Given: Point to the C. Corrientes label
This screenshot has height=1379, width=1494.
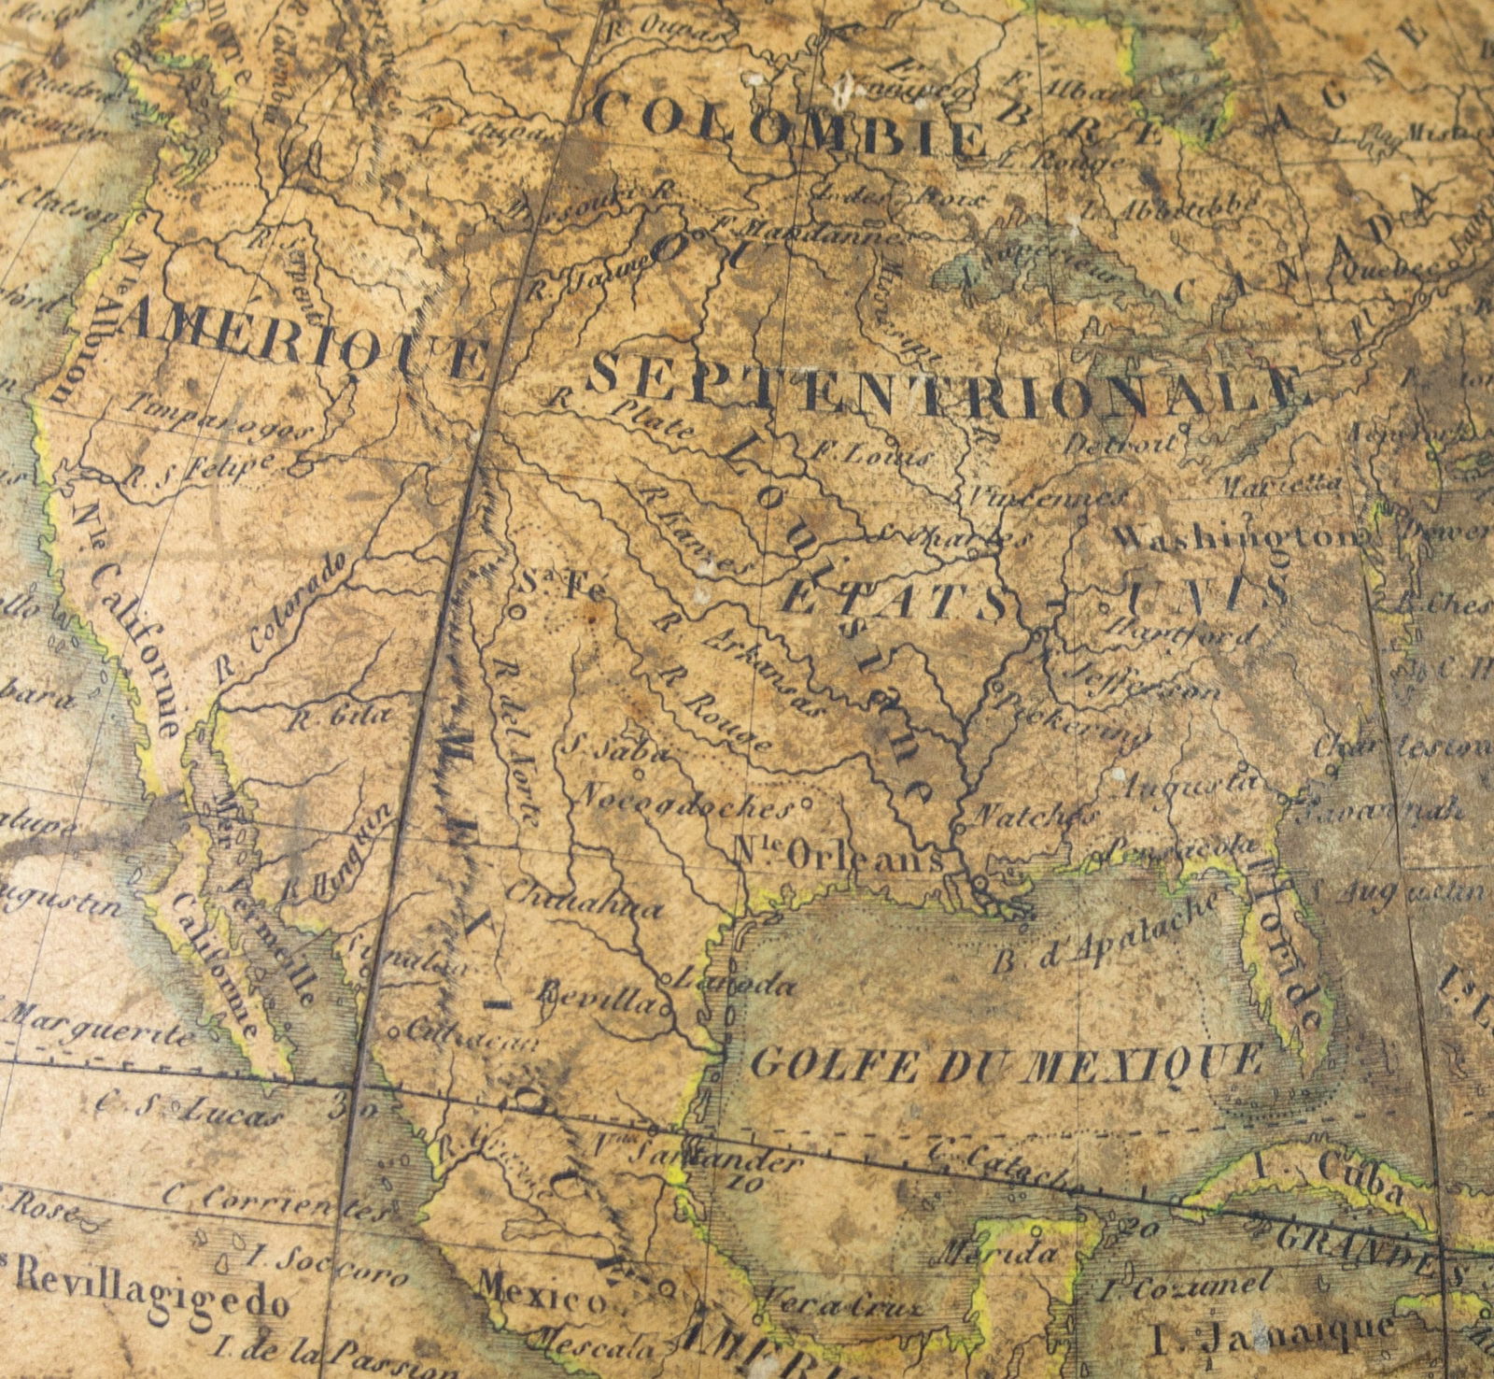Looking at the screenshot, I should pyautogui.click(x=275, y=1204).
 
